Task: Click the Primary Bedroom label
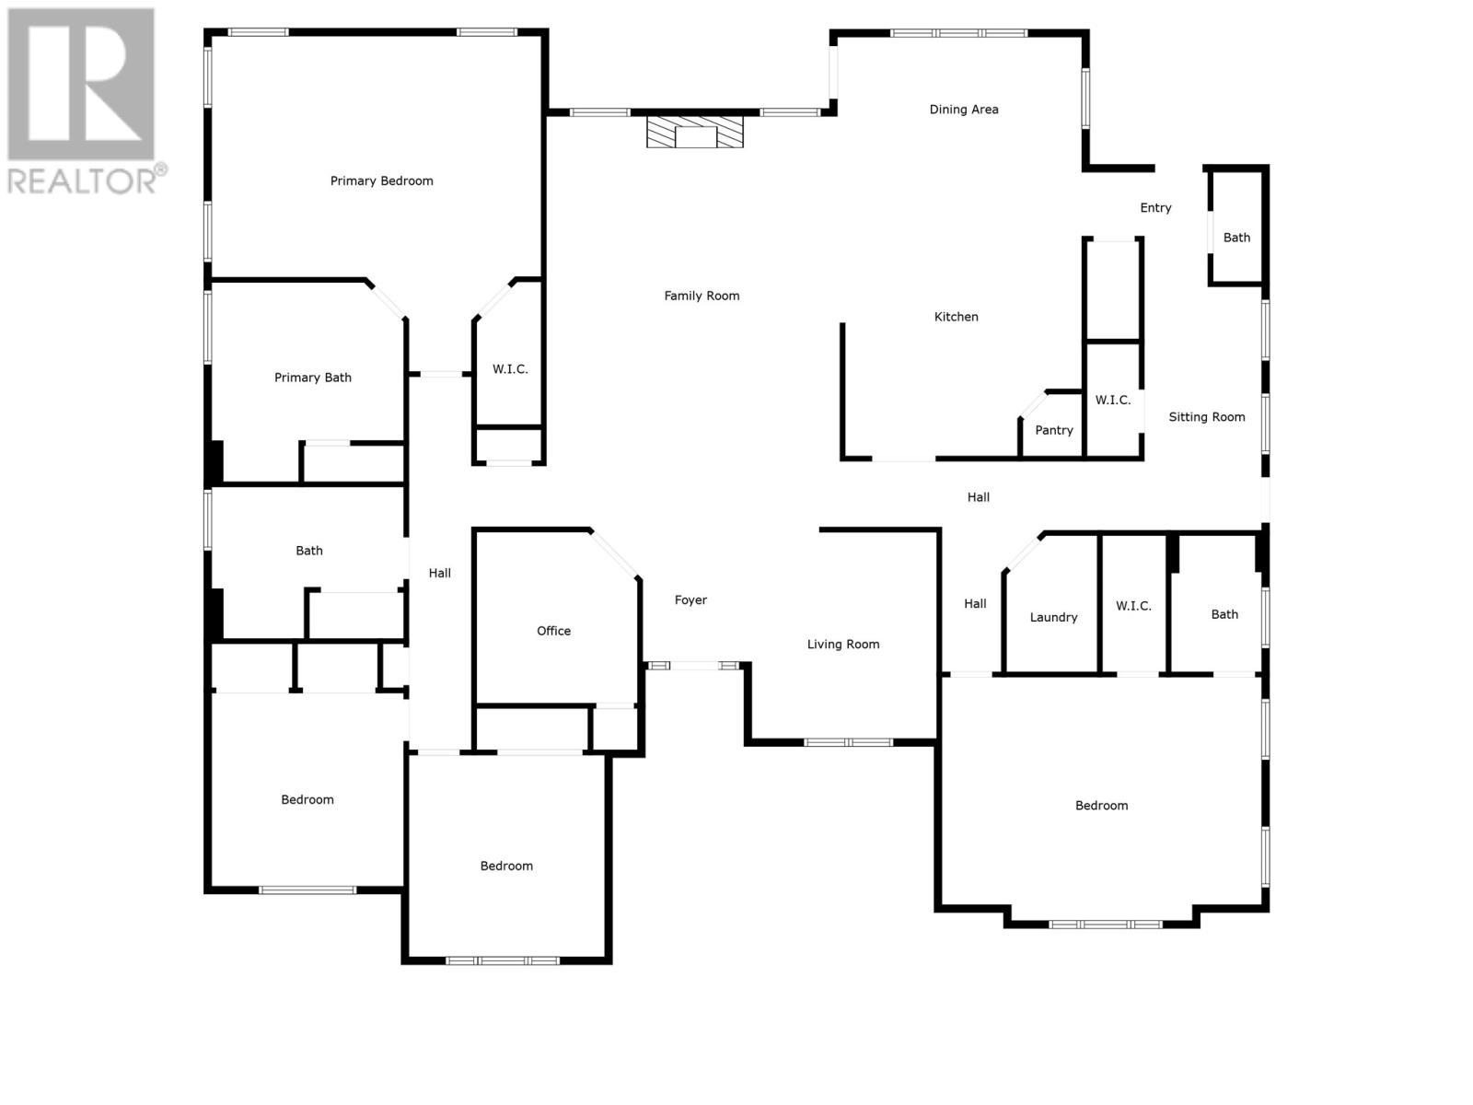(x=381, y=180)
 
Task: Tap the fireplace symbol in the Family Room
(x=694, y=132)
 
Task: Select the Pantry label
(x=1053, y=430)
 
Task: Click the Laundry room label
(x=1053, y=617)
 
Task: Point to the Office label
(x=553, y=631)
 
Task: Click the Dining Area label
(x=963, y=109)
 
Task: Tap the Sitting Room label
(x=1206, y=417)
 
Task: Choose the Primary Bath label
(x=312, y=378)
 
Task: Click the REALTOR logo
(x=85, y=100)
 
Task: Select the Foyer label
(x=690, y=600)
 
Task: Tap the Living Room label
(x=842, y=645)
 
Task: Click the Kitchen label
(x=956, y=317)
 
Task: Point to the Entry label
(x=1155, y=208)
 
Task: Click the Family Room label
(x=702, y=296)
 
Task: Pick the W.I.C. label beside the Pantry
(x=1112, y=400)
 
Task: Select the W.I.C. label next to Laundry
(x=1133, y=606)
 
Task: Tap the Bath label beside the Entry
(x=1236, y=238)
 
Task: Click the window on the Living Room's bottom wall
(x=848, y=742)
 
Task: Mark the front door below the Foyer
(x=694, y=666)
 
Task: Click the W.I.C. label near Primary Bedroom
(x=510, y=369)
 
